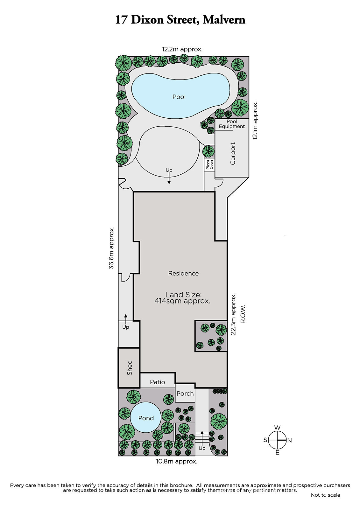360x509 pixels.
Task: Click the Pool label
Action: tap(179, 97)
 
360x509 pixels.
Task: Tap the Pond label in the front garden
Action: tap(146, 418)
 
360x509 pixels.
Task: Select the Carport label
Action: tap(233, 153)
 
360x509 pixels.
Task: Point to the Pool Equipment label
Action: tap(232, 124)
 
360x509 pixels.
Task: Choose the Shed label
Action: tap(130, 368)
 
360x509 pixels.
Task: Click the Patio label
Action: tap(157, 382)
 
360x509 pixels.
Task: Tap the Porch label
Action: tap(185, 394)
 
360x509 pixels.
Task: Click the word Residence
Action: tap(183, 273)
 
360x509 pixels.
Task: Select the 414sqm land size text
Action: tap(182, 301)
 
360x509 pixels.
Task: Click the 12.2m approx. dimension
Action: tap(182, 49)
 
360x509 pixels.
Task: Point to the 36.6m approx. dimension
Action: tap(111, 248)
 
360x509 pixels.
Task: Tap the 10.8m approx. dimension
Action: tap(177, 462)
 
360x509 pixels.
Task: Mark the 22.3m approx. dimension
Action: tap(233, 314)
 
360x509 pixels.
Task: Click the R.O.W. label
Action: tap(243, 314)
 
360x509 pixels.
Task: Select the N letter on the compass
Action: tap(290, 440)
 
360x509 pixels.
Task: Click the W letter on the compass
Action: tap(277, 428)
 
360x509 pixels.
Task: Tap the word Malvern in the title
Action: tap(224, 20)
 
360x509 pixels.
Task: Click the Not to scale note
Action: tap(325, 495)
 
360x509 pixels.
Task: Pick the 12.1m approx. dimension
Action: tap(255, 121)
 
